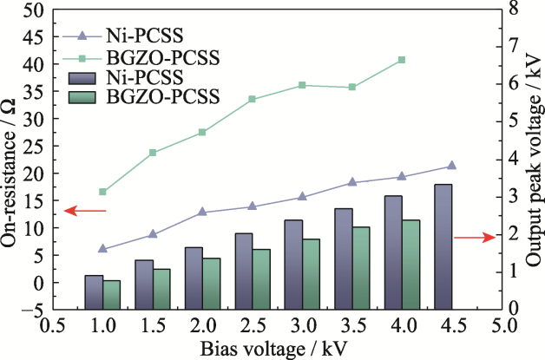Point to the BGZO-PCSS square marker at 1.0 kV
click(x=103, y=192)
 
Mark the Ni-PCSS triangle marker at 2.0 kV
click(x=202, y=212)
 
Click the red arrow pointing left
click(x=85, y=211)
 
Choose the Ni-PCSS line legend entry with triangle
click(x=82, y=36)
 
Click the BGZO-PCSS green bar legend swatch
click(x=82, y=95)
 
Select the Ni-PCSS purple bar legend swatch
click(x=82, y=76)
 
